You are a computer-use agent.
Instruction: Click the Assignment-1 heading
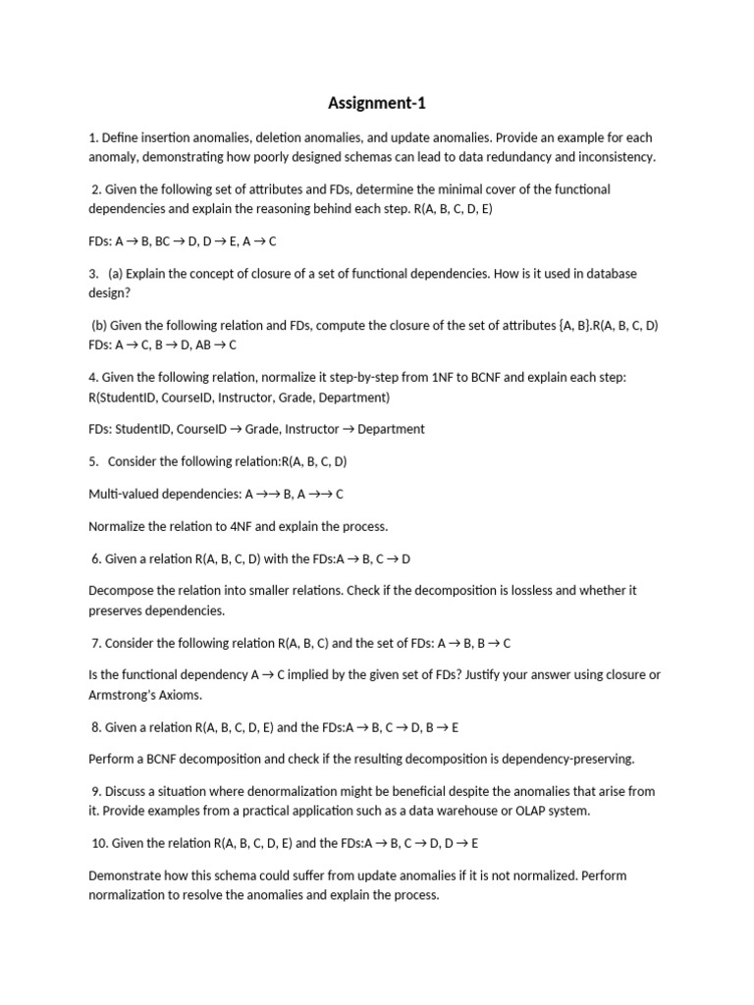pos(377,103)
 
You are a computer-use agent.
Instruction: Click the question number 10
pos(100,843)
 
